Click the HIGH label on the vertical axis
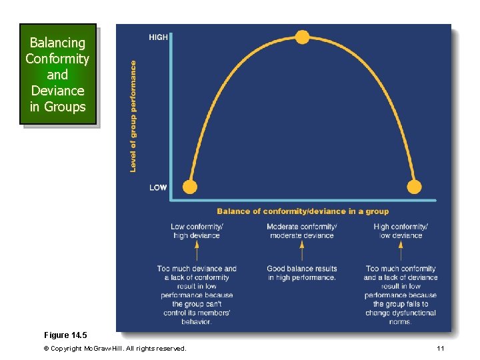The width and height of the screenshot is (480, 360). point(158,37)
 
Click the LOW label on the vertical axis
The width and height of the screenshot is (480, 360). point(158,187)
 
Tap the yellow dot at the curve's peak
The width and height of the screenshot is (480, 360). point(303,37)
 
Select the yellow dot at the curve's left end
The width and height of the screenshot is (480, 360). point(190,187)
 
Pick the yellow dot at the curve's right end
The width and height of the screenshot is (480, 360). point(415,187)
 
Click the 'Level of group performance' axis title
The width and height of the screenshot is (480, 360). point(133,117)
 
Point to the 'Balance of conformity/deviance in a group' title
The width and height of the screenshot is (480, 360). point(303,211)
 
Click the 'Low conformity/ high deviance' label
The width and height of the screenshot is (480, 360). point(197,231)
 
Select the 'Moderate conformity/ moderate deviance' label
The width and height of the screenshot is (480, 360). point(302,231)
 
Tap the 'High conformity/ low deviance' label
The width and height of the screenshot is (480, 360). point(401,231)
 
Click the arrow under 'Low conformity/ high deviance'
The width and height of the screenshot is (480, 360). point(197,251)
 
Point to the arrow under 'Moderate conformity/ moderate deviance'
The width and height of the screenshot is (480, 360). point(302,251)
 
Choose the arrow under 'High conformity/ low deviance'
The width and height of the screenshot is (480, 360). point(401,251)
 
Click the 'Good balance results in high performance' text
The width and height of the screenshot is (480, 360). point(302,273)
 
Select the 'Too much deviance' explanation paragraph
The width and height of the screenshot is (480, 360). point(197,295)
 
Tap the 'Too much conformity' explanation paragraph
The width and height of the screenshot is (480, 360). point(401,295)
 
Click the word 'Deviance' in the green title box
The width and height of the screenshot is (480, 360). point(57,91)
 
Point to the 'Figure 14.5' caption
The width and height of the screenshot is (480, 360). point(65,335)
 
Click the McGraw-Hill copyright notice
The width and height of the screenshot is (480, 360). point(115,349)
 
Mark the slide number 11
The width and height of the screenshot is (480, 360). point(440,349)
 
